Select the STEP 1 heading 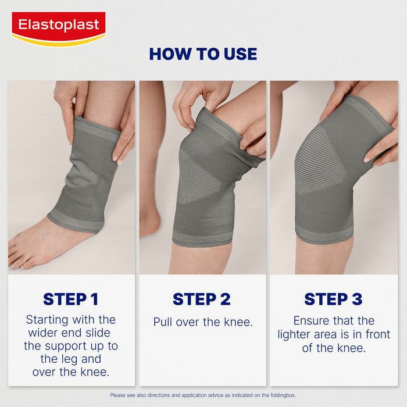[70, 299]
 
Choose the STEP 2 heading [202, 299]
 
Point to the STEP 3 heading [333, 299]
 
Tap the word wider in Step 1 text [44, 333]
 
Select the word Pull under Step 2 [163, 322]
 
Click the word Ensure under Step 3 [313, 320]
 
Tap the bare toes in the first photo [17, 256]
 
